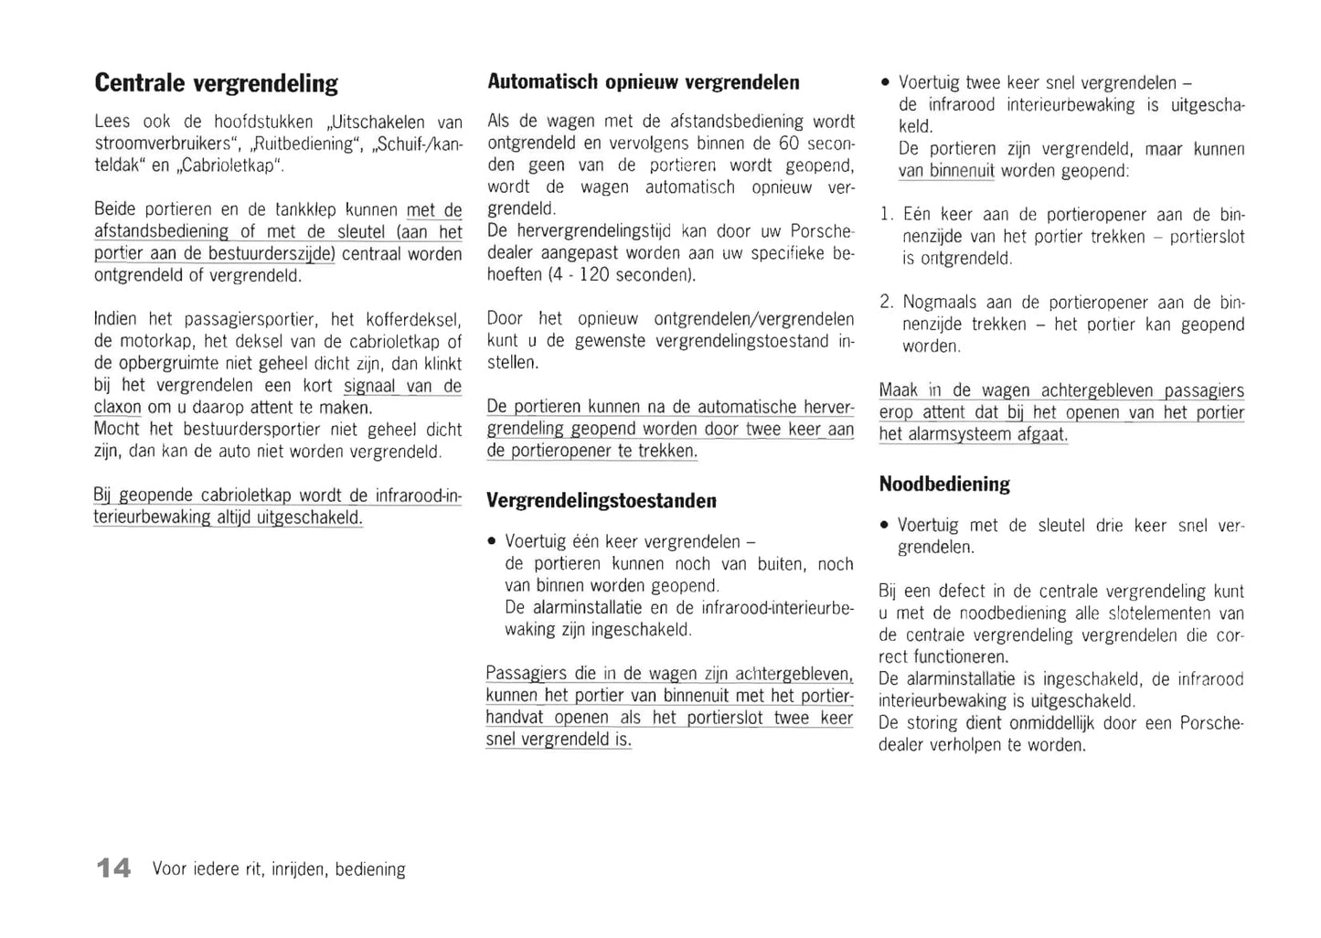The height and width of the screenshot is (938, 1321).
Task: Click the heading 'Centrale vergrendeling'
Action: coord(217,83)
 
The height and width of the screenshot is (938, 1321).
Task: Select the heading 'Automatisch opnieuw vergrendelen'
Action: coord(644,82)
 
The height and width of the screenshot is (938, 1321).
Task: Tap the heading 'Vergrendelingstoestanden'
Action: coord(602,501)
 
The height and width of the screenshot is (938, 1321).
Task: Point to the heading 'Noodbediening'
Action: coord(944,485)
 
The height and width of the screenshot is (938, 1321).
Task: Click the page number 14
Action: coord(114,868)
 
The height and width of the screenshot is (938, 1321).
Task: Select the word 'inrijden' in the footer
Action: coord(298,869)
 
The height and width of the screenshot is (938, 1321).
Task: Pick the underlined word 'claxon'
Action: coord(118,408)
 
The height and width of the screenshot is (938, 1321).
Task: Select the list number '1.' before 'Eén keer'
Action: coord(886,215)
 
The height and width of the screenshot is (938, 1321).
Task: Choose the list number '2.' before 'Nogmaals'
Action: coord(886,303)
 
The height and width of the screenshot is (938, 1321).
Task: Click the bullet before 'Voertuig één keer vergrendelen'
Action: coord(493,542)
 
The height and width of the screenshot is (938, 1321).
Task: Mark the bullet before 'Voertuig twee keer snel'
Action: coord(885,83)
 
